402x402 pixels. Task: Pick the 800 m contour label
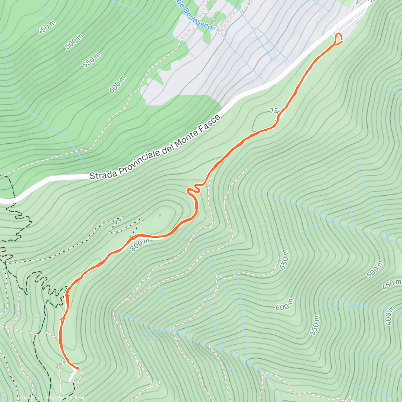tap(140, 243)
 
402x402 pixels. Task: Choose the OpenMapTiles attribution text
tap(33, 398)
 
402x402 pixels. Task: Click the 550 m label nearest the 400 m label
tap(315, 325)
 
